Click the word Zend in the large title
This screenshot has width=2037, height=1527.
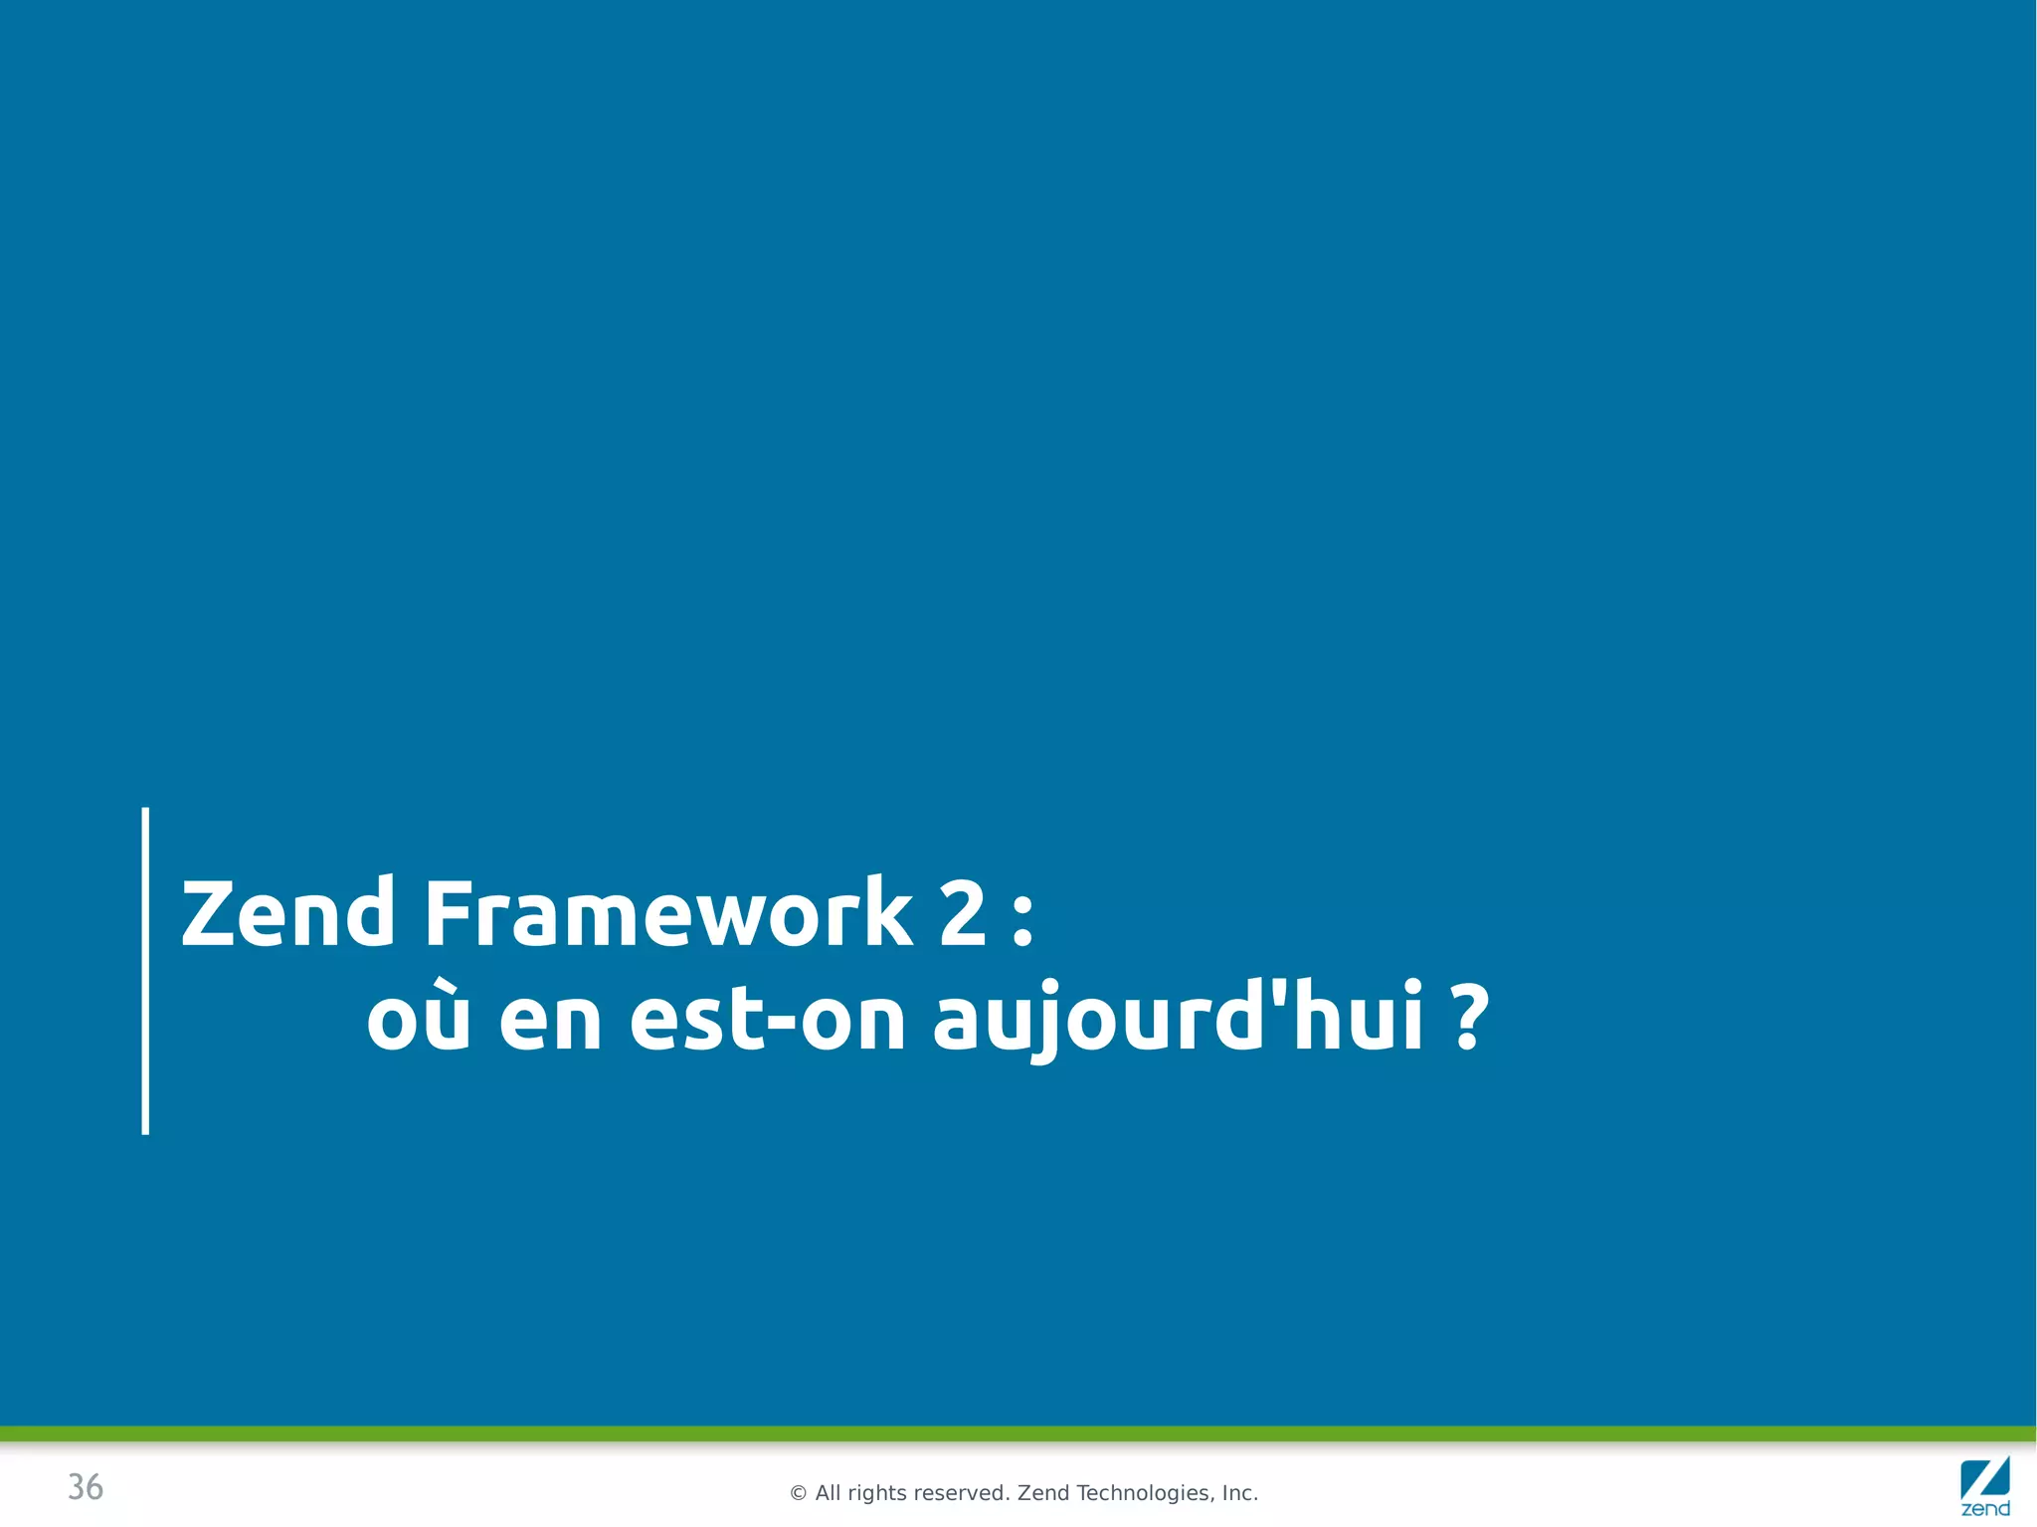point(287,913)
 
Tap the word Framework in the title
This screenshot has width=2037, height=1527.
point(667,913)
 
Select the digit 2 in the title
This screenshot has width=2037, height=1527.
point(962,913)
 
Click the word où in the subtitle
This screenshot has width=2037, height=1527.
point(418,1019)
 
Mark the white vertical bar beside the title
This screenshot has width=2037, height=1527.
point(145,970)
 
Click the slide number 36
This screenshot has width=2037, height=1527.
point(86,1487)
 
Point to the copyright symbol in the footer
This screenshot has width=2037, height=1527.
point(798,1493)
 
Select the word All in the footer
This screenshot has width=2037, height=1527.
point(828,1493)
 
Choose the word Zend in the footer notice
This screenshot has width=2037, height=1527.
point(1043,1493)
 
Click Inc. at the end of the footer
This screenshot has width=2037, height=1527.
point(1240,1493)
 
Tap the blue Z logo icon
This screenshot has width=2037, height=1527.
point(1984,1478)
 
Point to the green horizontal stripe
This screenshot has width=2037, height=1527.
point(1018,1433)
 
